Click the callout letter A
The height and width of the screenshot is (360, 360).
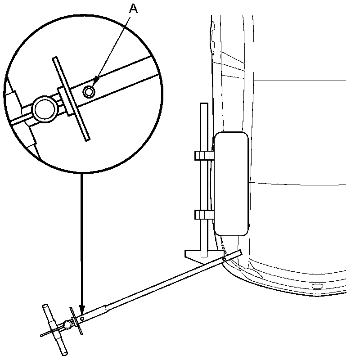(x=133, y=8)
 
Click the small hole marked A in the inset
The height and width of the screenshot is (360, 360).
(x=89, y=92)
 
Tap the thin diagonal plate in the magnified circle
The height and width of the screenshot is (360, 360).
(x=71, y=99)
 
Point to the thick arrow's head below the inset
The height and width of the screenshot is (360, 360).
(x=81, y=310)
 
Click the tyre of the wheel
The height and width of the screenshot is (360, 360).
(x=231, y=184)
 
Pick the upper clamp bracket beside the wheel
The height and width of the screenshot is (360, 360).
(x=204, y=156)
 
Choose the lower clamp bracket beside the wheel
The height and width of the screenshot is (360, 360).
(x=204, y=215)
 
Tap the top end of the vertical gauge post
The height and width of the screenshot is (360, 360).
(x=204, y=105)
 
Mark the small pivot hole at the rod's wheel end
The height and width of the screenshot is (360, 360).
(x=224, y=259)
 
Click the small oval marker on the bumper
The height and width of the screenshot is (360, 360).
(x=317, y=287)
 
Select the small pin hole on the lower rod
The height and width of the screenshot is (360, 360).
(x=82, y=319)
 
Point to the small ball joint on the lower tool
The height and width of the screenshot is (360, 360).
(x=67, y=324)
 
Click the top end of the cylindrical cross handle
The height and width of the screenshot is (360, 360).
(x=46, y=307)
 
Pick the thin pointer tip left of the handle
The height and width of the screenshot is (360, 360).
(x=41, y=335)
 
